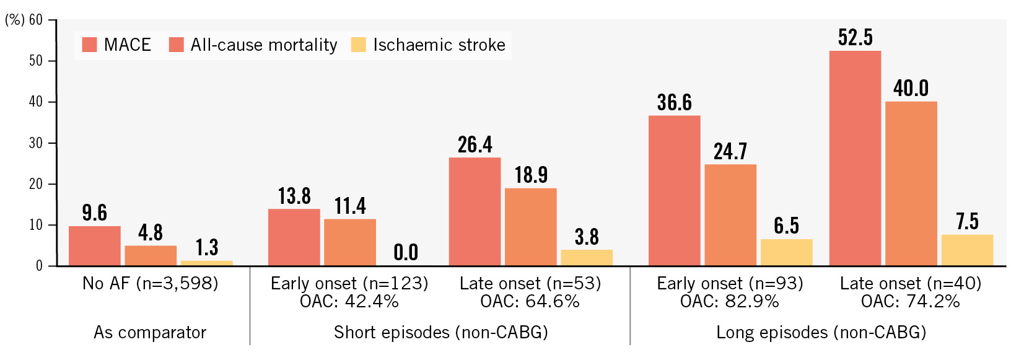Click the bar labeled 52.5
click(855, 158)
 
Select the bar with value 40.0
click(911, 183)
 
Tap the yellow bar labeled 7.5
click(967, 250)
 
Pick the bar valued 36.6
click(674, 191)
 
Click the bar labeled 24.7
click(730, 215)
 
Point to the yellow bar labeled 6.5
click(786, 252)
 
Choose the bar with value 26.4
click(475, 212)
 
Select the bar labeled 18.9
click(530, 227)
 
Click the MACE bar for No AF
click(94, 246)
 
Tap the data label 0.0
click(406, 252)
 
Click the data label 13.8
click(294, 196)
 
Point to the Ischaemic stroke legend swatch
click(359, 45)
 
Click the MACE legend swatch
click(89, 45)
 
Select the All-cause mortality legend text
click(264, 45)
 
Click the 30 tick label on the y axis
click(36, 143)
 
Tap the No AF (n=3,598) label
click(151, 284)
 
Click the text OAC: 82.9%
click(730, 302)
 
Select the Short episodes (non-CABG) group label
click(441, 333)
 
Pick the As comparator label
click(150, 333)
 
